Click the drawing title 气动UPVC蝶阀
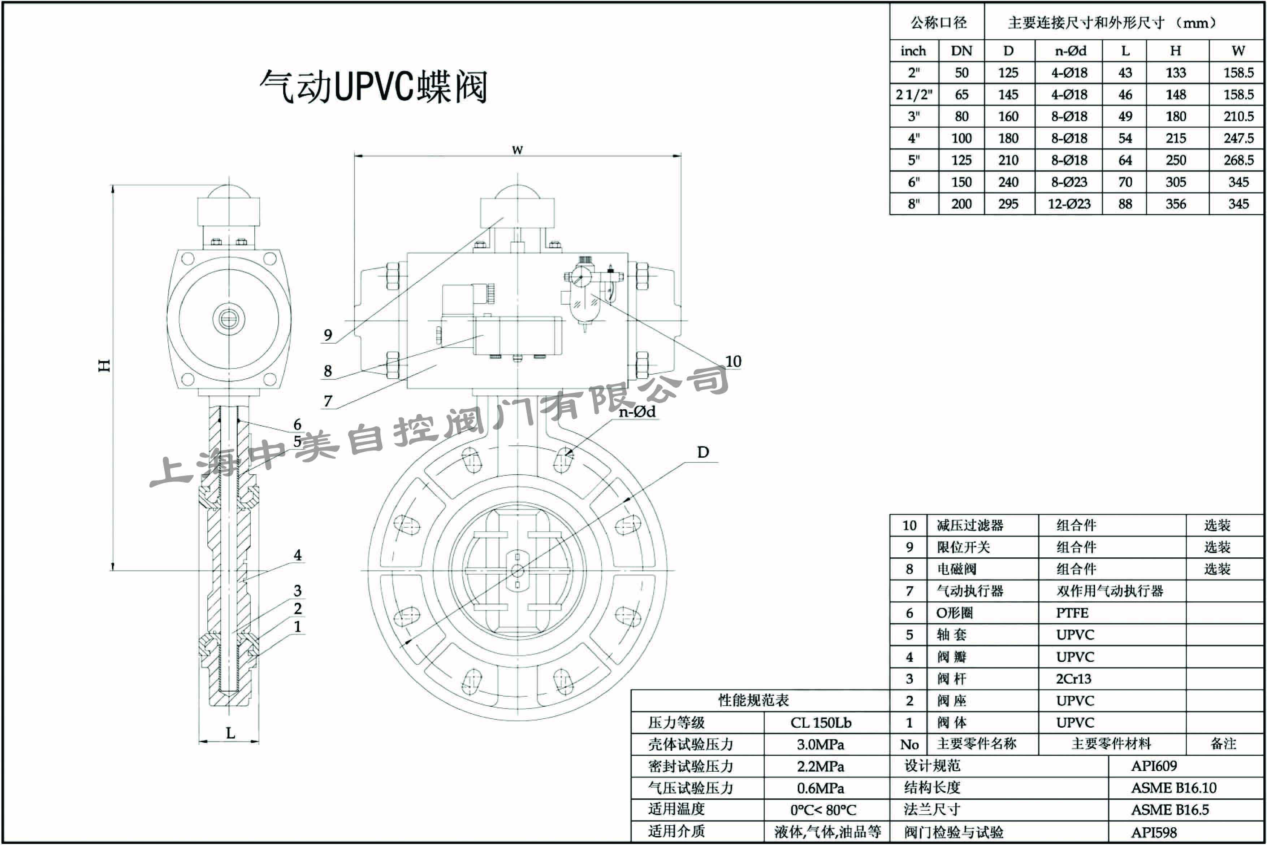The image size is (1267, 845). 373,86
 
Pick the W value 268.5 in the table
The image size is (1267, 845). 1238,160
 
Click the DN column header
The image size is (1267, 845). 961,51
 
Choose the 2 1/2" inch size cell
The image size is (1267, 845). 914,95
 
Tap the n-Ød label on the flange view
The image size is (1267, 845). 637,412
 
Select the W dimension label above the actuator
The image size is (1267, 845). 517,150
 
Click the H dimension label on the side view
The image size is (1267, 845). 104,365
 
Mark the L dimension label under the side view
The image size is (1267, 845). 230,733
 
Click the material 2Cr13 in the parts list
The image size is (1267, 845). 1073,679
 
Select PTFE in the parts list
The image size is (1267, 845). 1072,613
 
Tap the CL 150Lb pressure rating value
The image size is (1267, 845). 821,723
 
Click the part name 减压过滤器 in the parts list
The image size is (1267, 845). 970,526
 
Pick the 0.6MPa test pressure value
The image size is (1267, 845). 821,788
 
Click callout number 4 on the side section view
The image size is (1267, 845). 298,555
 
